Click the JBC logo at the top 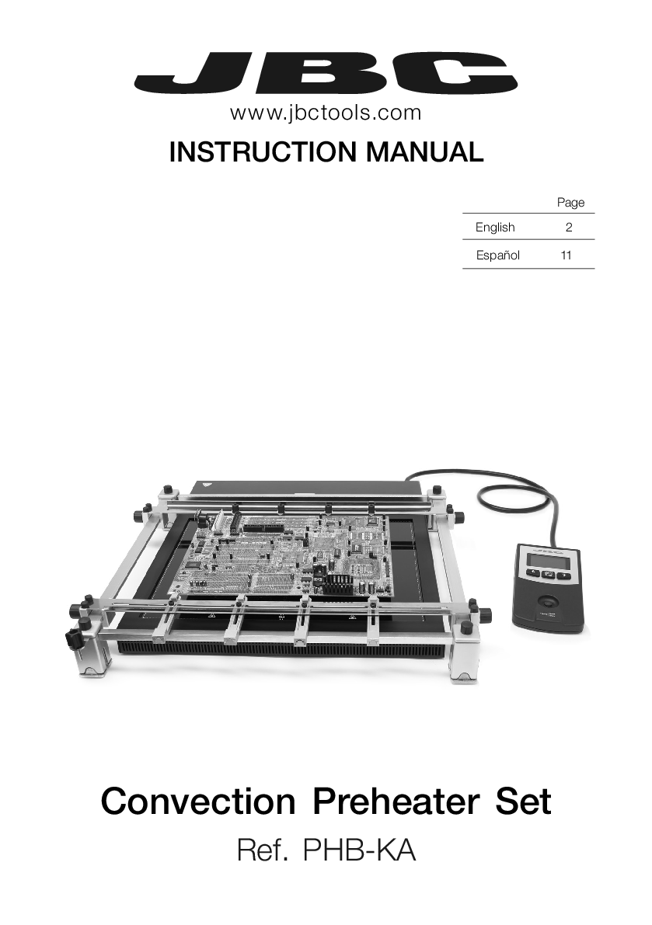point(326,75)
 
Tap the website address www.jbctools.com point(326,113)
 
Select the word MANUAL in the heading point(425,151)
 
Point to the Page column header point(570,203)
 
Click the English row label point(495,227)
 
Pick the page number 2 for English point(569,227)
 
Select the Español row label point(497,256)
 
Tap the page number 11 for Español point(567,256)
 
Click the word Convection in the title point(198,801)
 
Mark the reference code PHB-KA point(359,851)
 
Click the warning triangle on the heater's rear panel point(207,485)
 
